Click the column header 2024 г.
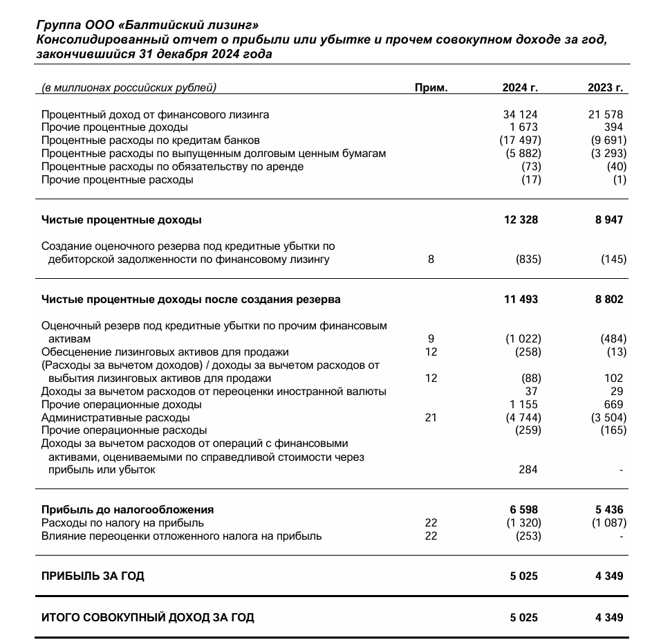click(x=520, y=88)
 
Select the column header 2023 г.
click(x=605, y=88)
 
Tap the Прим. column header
click(x=431, y=88)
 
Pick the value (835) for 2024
click(x=528, y=259)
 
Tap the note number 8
click(x=431, y=259)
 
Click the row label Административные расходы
click(x=115, y=417)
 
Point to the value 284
click(x=528, y=470)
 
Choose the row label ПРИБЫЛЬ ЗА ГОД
click(x=93, y=576)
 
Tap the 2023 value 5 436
click(x=608, y=510)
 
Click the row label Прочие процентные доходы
click(x=115, y=127)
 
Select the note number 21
click(x=431, y=417)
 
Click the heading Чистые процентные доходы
click(x=122, y=220)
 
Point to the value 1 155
click(x=523, y=404)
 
